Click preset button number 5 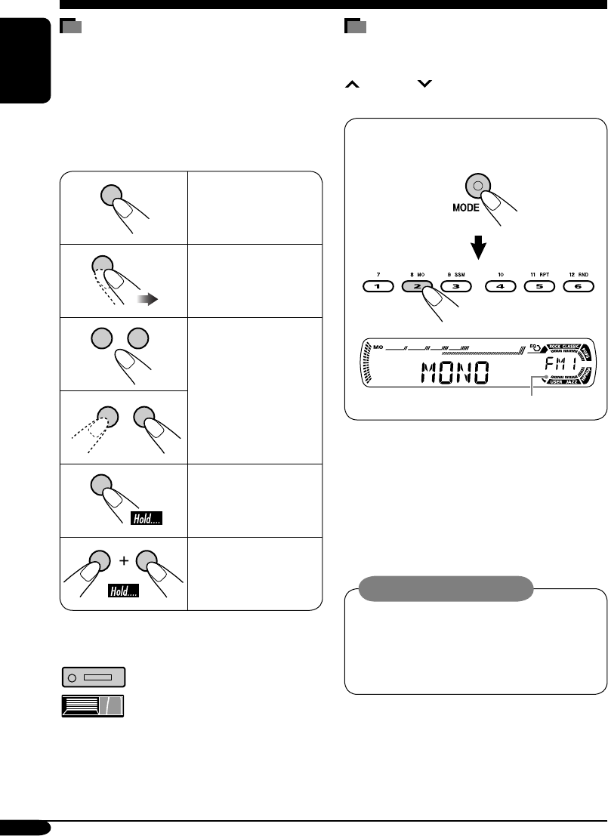(539, 287)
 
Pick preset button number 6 (579, 287)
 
